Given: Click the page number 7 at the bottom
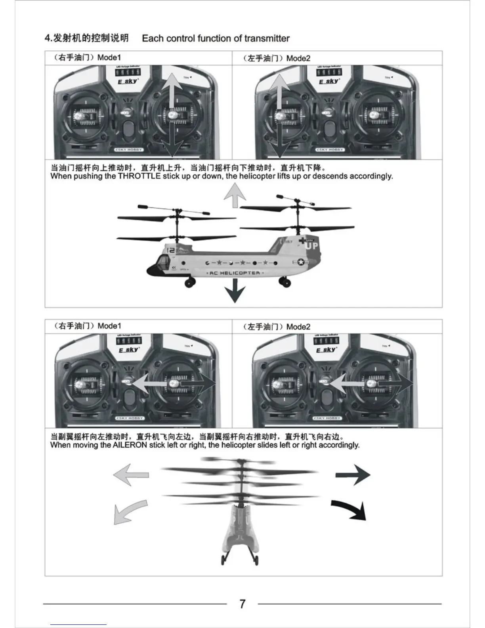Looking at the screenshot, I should (x=242, y=604).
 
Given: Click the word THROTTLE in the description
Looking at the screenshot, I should (x=139, y=176).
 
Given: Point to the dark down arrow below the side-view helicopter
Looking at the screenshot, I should (x=235, y=291).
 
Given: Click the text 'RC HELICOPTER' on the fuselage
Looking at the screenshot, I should (x=235, y=273).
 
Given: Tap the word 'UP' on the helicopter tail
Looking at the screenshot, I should (x=311, y=246).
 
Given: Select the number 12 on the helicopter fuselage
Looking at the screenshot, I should (x=171, y=250).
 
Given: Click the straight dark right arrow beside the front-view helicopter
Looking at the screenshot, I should (x=353, y=474).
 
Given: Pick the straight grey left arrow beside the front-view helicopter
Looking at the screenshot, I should (x=131, y=474).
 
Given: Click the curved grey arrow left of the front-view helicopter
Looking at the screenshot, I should (x=130, y=511).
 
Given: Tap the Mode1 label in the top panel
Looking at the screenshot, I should (x=109, y=57).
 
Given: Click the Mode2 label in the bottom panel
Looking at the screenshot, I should (x=298, y=327).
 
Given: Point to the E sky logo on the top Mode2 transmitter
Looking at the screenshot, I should (x=328, y=81).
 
